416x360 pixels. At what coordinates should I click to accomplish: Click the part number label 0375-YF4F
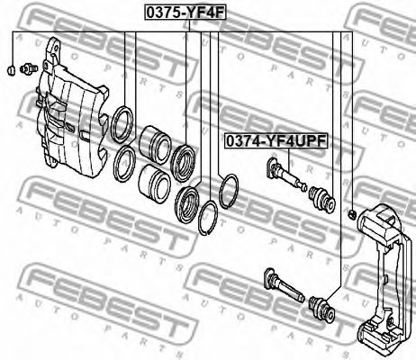click(x=185, y=13)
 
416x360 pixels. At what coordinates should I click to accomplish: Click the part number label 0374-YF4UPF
click(x=276, y=141)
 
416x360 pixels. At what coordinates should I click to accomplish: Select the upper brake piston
click(x=154, y=142)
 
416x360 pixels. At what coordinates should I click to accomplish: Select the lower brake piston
click(x=155, y=180)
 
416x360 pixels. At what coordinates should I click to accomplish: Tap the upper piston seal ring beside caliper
click(x=122, y=124)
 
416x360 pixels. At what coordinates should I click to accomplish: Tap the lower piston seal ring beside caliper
click(x=124, y=164)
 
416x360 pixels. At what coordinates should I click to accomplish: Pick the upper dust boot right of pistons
click(x=183, y=163)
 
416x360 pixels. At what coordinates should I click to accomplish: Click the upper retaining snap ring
click(x=229, y=191)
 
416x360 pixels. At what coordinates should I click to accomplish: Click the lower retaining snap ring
click(x=208, y=218)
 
